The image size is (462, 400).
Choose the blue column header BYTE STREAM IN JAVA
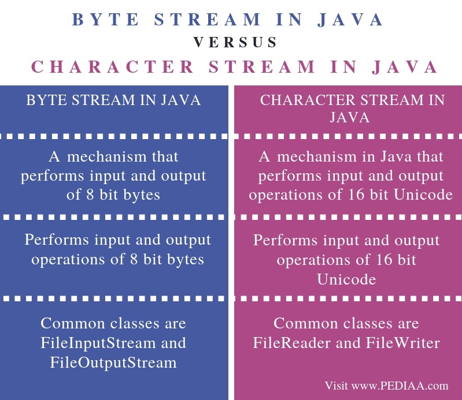pos(113,100)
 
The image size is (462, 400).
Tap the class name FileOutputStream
pos(113,362)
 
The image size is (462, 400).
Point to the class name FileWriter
pos(409,343)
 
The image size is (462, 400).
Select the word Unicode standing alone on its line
pos(346,279)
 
